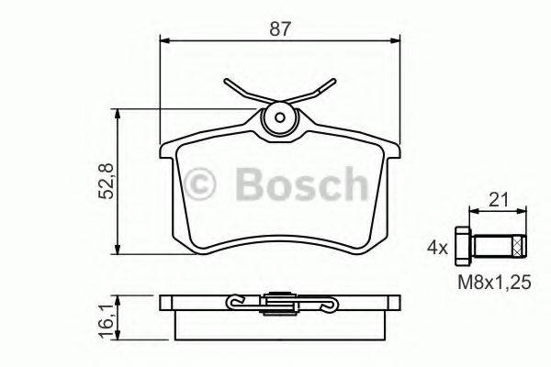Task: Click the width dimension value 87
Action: pos(280,28)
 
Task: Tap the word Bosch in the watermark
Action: pos(298,184)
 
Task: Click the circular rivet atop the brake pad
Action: pos(280,119)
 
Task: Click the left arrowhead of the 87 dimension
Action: pos(164,39)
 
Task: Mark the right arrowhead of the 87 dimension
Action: pos(396,39)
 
